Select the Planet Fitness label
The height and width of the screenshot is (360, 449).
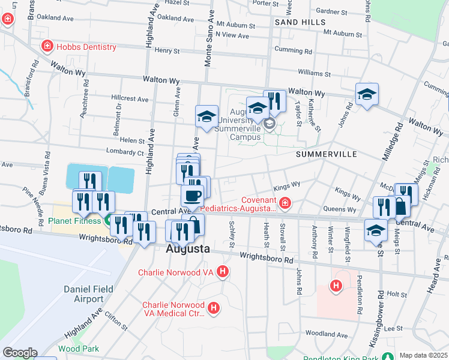[x=76, y=220]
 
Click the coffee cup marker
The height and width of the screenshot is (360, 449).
[x=192, y=196]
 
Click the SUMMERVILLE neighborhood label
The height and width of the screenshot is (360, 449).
[x=326, y=154]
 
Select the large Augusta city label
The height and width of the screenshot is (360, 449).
[x=188, y=248]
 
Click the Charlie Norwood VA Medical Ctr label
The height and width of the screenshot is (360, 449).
[x=173, y=308]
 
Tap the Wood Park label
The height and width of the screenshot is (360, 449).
[x=79, y=349]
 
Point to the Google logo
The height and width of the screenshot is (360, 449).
[x=20, y=353]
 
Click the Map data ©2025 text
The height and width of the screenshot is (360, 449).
[x=423, y=355]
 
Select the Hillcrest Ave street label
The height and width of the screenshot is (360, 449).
[x=130, y=99]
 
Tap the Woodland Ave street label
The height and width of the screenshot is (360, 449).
[x=326, y=334]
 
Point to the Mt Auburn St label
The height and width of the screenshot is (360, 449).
[x=236, y=26]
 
